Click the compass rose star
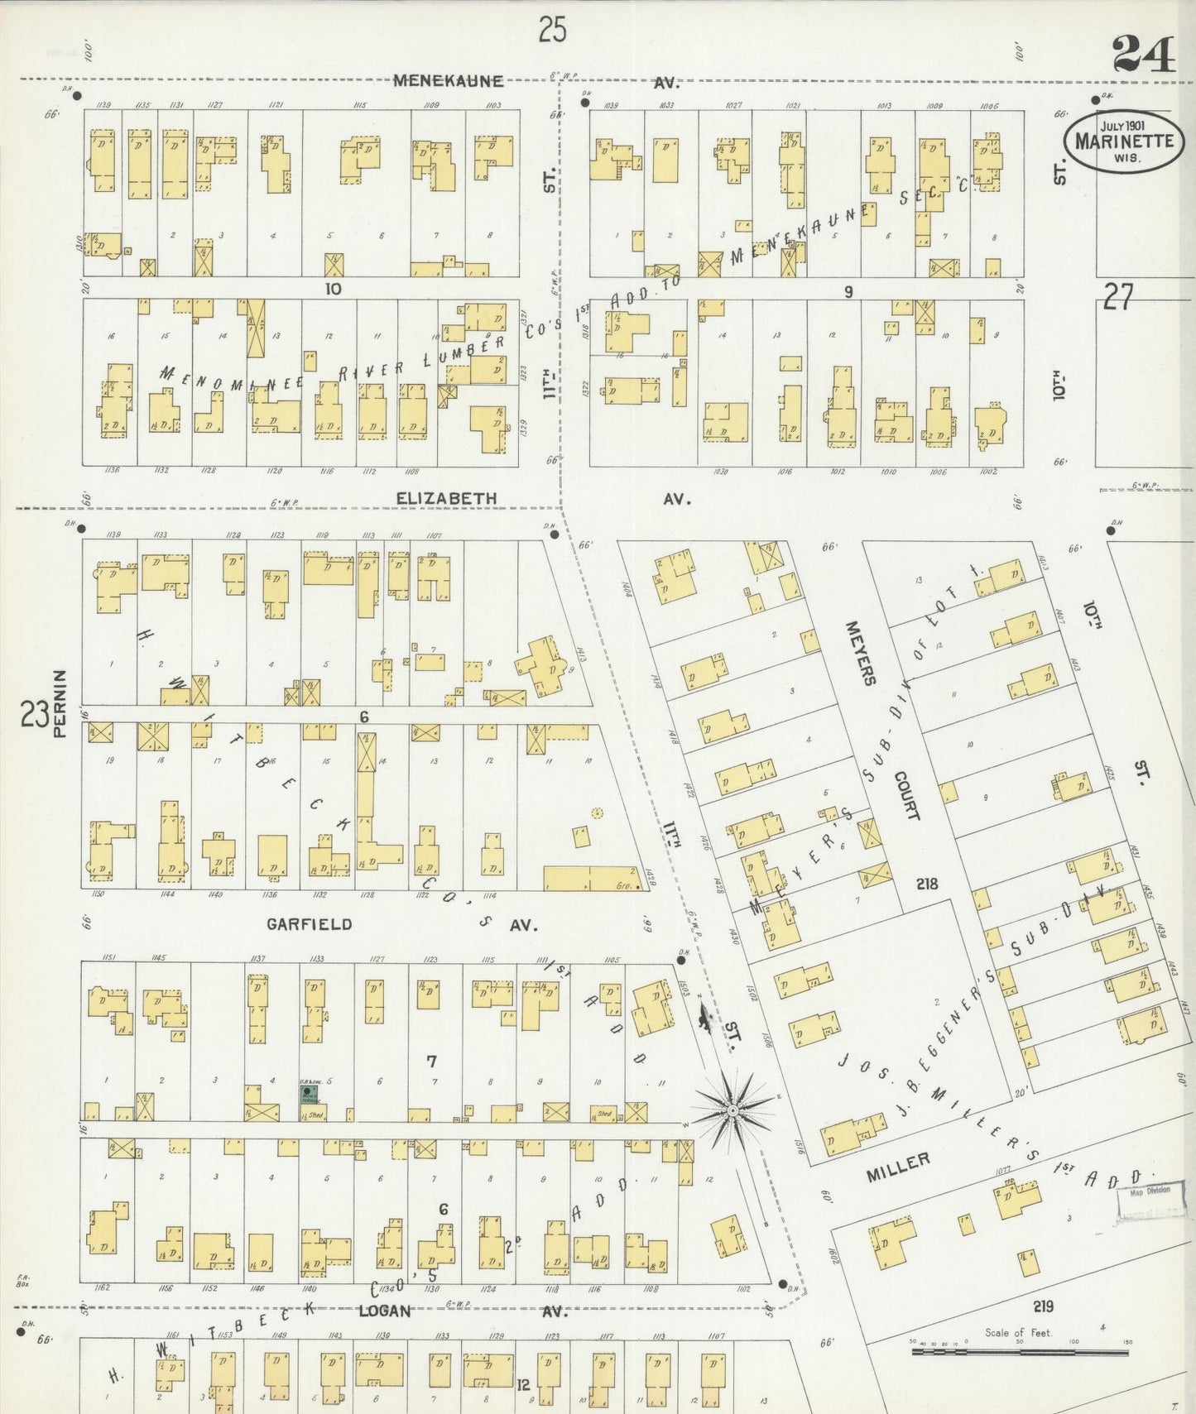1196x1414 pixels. coord(733,1109)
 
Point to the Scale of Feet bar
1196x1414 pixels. coord(1020,1351)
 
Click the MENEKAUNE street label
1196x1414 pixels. coord(448,81)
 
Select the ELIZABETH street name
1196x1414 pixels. coord(446,498)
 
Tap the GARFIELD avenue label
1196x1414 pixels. coord(309,924)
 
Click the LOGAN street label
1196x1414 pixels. coord(384,1311)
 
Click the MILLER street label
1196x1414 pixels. coord(899,1162)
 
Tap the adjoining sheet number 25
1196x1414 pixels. coord(552,31)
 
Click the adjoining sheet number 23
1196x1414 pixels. coord(34,714)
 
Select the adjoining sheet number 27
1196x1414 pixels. coord(1117,296)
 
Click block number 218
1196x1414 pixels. coord(926,884)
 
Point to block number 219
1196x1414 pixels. coord(1043,1306)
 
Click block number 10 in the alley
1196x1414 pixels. coord(333,289)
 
